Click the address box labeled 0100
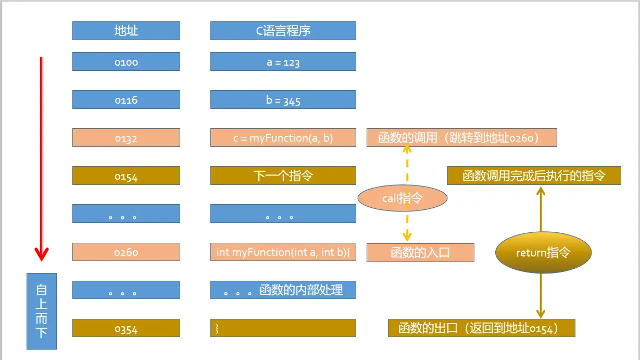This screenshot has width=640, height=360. pos(126,61)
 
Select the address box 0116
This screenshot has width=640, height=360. pos(126,100)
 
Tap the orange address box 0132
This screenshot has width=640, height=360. pos(126,138)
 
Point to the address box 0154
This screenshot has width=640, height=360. pos(126,176)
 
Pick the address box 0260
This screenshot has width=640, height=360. pos(126,252)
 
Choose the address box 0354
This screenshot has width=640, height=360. pos(126,328)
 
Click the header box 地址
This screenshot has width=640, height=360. pos(126,31)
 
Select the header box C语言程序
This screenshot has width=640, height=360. pos(283,31)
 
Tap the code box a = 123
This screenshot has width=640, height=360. pos(283,61)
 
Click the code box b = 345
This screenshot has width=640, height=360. pos(283,100)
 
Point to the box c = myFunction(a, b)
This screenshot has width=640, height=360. pos(283,138)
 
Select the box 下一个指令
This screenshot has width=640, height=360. pos(283,176)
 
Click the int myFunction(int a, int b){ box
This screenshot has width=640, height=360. pos(283,252)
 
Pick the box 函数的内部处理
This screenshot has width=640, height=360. pos(283,290)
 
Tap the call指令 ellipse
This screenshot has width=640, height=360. pos(402,198)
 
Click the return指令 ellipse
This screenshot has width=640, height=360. pos(543,253)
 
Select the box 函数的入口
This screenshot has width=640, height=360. pos(420,253)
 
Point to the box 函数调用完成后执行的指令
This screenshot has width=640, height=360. pos(534,176)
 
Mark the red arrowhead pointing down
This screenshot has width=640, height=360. pos(42,254)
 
